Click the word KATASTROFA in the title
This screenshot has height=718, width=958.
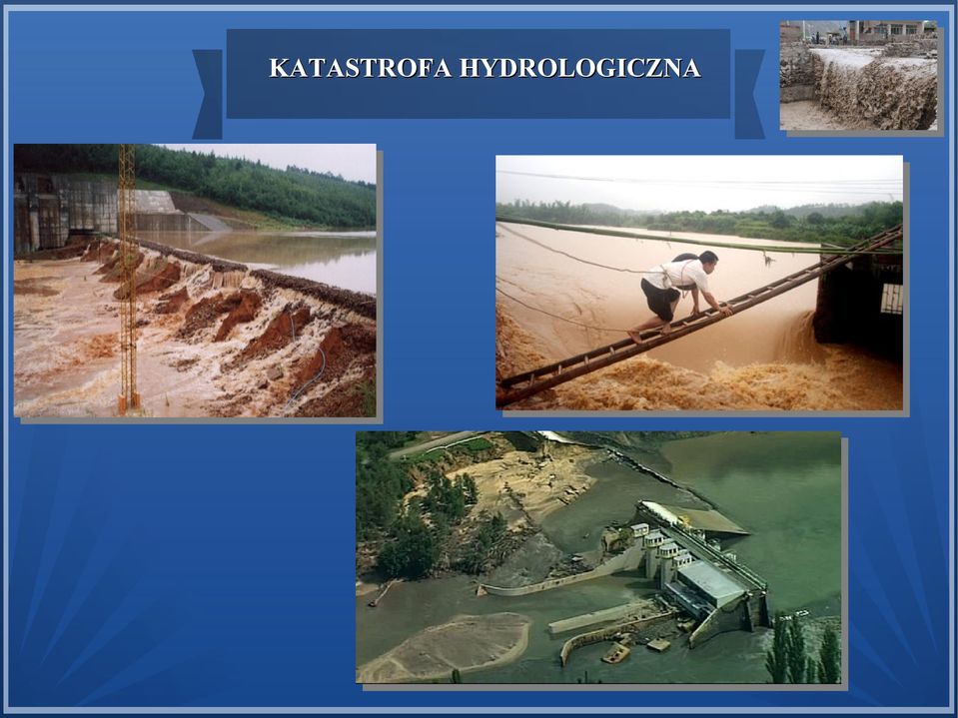pos(361,68)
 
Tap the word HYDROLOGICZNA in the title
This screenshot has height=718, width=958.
pos(579,68)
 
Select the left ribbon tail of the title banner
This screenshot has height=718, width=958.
pos(208,94)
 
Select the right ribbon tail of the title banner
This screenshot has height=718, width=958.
pos(749,94)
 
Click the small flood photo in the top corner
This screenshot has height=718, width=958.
pos(858,75)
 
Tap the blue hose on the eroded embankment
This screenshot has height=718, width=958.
pos(309,365)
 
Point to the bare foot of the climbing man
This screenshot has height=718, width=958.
pos(636,337)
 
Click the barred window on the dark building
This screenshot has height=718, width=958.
pos(891,298)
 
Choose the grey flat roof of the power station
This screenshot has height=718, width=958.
pos(710,583)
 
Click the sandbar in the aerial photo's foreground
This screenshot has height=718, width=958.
pos(450,647)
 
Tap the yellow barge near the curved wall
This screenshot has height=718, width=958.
pos(615,653)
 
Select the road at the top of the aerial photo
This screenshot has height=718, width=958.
pos(434,443)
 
